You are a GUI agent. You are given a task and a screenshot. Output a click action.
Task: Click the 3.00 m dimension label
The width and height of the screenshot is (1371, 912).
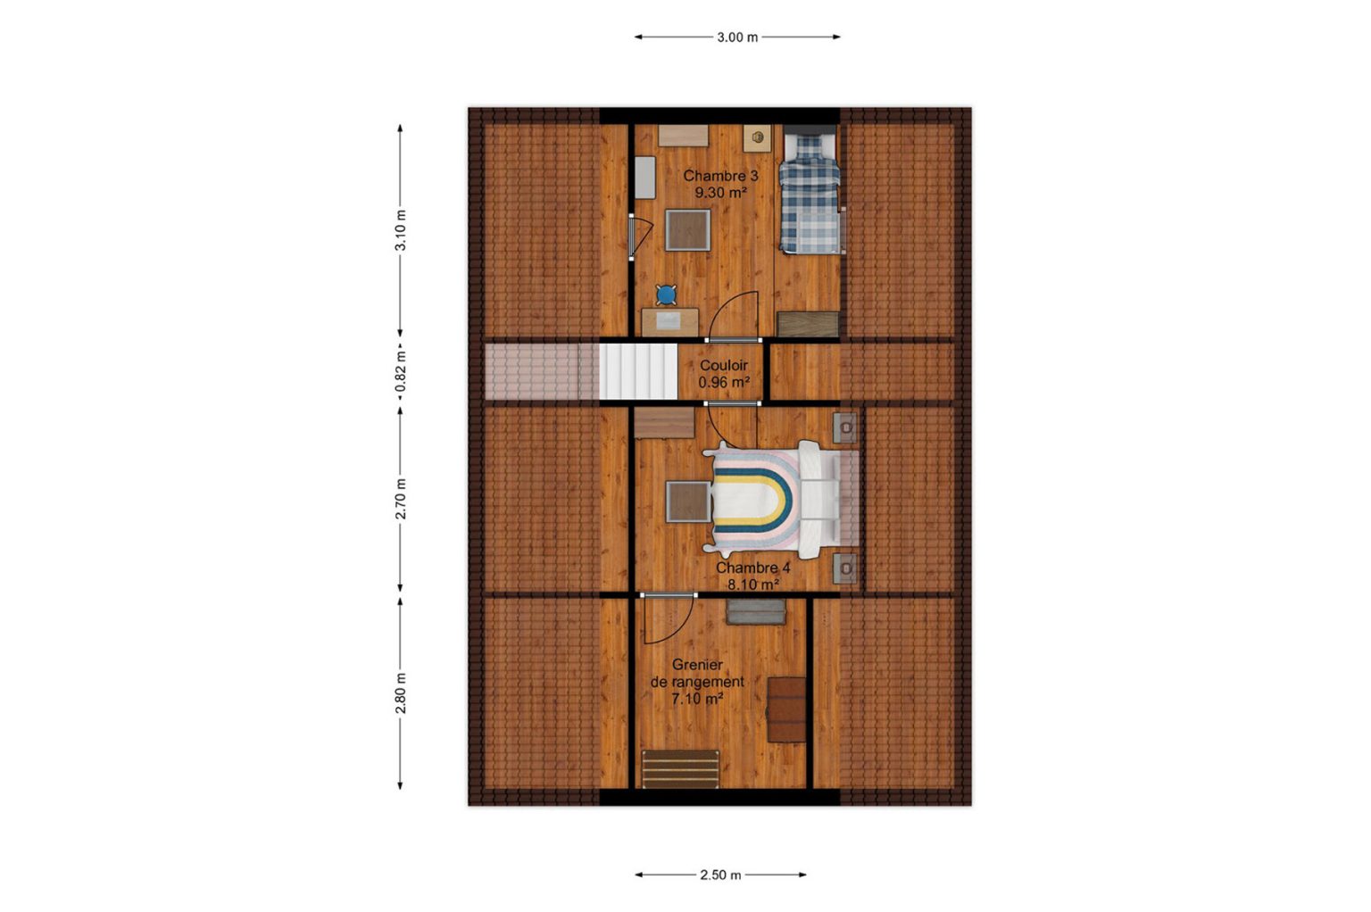737,37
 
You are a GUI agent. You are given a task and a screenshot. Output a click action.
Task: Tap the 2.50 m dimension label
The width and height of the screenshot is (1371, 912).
720,875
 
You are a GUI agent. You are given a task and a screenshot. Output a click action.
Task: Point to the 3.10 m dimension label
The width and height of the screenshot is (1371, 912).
400,230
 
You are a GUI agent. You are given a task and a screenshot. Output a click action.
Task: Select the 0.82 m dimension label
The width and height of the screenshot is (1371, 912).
400,371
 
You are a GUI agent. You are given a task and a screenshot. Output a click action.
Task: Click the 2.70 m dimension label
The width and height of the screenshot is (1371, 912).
400,499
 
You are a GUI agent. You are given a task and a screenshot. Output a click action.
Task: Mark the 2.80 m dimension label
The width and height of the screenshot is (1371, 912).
400,692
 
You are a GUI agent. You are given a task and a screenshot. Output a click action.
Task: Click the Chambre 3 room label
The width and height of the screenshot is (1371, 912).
720,177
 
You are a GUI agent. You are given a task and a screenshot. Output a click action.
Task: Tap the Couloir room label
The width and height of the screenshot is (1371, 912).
724,365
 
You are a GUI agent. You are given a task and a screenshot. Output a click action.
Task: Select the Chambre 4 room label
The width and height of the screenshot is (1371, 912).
752,568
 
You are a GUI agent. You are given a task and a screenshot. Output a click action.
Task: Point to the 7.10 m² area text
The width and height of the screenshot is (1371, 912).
697,699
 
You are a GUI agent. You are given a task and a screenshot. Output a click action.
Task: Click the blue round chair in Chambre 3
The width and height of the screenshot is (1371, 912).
666,295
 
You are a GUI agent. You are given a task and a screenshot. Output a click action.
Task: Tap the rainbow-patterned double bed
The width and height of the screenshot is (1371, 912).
780,499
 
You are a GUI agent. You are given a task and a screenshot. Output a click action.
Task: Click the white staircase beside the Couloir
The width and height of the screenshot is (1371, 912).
638,371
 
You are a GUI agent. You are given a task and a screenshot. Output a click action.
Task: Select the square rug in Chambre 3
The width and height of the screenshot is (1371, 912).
688,230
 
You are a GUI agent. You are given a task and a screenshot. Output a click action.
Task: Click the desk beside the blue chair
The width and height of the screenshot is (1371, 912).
670,322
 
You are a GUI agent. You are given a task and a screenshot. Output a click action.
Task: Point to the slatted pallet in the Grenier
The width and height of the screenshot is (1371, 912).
680,769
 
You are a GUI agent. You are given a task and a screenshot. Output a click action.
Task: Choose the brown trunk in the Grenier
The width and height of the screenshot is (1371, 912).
786,710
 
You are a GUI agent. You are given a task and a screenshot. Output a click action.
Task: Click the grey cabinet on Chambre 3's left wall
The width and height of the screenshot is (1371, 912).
645,178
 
